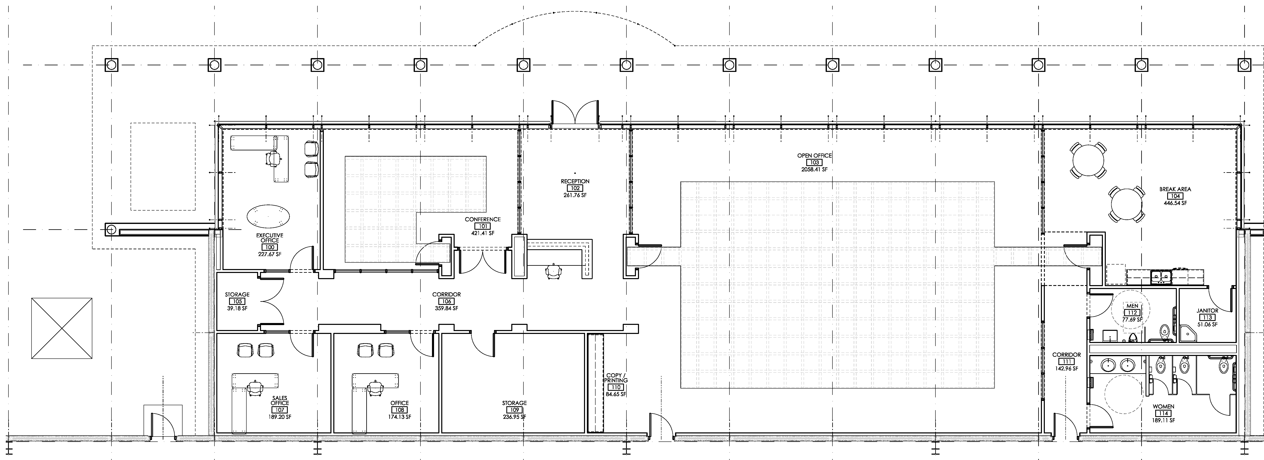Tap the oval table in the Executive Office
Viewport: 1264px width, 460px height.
(x=268, y=216)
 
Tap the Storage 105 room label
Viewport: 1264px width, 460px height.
(x=237, y=295)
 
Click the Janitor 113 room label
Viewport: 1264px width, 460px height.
(x=1207, y=311)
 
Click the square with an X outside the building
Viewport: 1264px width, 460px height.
(x=61, y=328)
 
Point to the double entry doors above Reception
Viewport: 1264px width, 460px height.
(x=575, y=113)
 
